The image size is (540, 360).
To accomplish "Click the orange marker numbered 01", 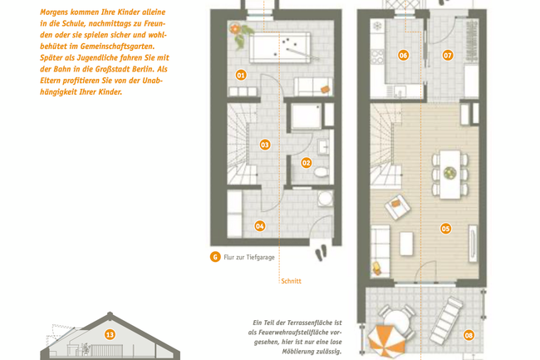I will click(241, 75).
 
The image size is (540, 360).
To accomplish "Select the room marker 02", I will click(306, 163).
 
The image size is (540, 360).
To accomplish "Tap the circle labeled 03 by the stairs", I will click(265, 145).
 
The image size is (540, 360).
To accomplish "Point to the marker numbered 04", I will click(260, 225).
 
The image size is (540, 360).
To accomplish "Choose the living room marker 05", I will click(446, 228).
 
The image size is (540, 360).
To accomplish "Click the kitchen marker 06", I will click(404, 56).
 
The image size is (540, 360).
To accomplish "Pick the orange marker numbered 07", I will click(448, 56).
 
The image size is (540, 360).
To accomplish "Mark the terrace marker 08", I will click(469, 335).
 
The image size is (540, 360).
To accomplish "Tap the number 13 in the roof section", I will click(109, 334).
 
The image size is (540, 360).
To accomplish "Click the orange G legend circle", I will click(215, 257).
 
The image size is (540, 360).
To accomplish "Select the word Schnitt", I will click(291, 281).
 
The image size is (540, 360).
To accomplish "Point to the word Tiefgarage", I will click(258, 258).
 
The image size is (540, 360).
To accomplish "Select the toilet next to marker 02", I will click(322, 172).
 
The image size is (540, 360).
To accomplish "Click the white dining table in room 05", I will click(449, 174).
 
